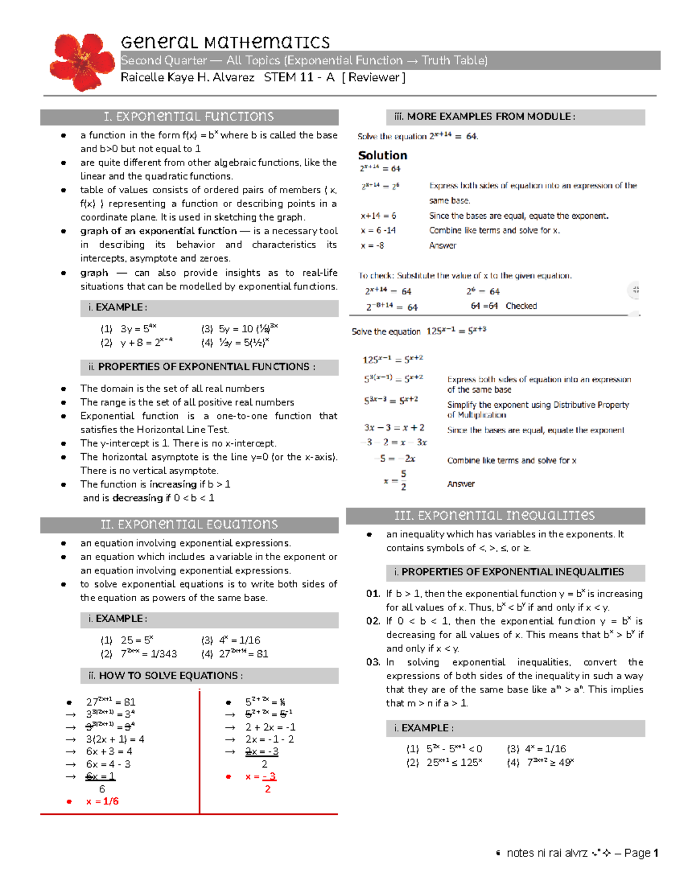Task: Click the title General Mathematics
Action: pos(225,42)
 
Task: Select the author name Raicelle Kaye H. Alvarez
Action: pos(188,78)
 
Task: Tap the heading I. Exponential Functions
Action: pos(189,117)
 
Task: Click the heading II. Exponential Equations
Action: pos(189,524)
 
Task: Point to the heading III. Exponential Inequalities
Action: pos(494,516)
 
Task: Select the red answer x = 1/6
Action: pos(103,801)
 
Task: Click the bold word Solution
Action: pos(382,156)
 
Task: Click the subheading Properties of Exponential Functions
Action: pos(202,367)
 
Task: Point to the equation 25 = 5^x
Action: pos(137,640)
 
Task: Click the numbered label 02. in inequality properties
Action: pos(373,621)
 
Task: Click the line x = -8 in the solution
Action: pos(372,246)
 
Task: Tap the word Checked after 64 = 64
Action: pos(521,306)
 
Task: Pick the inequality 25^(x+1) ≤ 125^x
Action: pos(454,762)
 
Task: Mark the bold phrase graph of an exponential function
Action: pos(158,231)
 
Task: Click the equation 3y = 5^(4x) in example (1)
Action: pos(139,329)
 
